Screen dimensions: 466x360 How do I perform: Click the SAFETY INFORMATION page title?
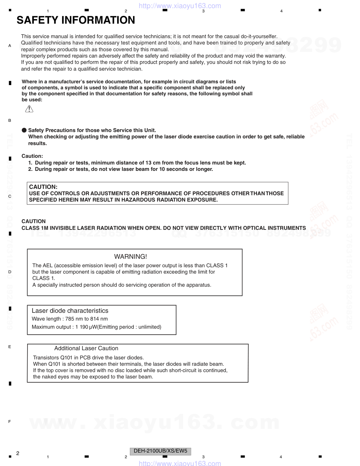pos(76,20)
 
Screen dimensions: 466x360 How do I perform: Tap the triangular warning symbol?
pos(29,109)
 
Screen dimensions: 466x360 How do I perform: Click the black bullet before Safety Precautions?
pos(24,130)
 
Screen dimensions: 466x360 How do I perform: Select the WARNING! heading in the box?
pos(131,257)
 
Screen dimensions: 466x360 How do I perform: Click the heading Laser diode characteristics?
pos(70,311)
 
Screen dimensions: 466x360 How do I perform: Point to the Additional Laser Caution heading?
pos(86,348)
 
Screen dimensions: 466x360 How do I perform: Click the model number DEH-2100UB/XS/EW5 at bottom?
pos(161,451)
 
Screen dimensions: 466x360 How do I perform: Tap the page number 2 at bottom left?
pos(18,453)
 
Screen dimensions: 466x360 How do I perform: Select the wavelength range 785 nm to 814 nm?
pos(86,319)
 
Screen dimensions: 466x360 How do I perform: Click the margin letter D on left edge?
pos(10,272)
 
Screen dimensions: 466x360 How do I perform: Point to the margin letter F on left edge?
pos(10,422)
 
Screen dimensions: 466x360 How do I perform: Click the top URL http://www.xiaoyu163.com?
pos(180,6)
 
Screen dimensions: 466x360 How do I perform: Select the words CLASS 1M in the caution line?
pos(35,228)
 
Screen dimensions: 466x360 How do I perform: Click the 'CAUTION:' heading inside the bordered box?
pos(43,187)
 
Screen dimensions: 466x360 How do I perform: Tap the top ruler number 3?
pos(203,11)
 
